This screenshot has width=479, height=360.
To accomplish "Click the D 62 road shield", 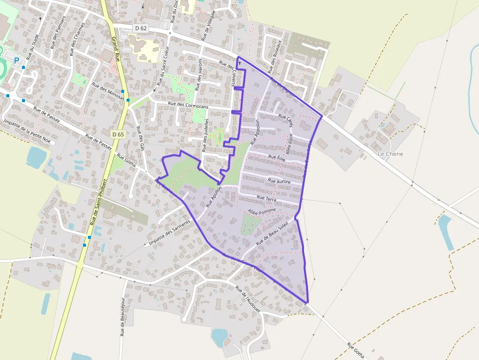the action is (x=140, y=28).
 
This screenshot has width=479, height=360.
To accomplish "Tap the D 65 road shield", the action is (x=118, y=134).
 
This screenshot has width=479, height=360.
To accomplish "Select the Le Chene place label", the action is (x=391, y=154).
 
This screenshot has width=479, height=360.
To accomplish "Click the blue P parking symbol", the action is (x=17, y=61).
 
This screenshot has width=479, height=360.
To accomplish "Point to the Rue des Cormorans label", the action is (x=188, y=105).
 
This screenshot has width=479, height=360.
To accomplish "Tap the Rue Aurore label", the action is (x=279, y=181).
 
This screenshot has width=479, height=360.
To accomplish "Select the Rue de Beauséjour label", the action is (x=122, y=317).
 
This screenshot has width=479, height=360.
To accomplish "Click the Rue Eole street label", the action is (x=277, y=158).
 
